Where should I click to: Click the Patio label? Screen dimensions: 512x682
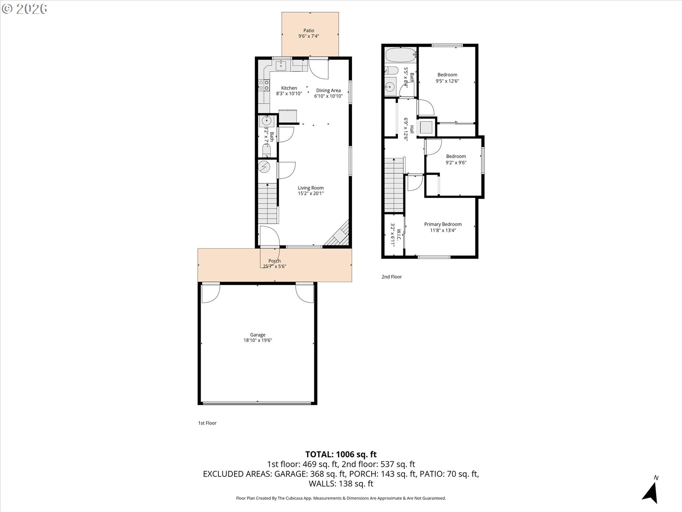click(309, 31)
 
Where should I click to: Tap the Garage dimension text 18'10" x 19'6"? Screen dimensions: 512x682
click(258, 340)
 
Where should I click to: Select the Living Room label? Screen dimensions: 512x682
click(310, 188)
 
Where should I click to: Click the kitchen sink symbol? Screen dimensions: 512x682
click(281, 65)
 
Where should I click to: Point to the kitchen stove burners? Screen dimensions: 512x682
click(264, 85)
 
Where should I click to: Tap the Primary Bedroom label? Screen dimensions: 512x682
click(443, 224)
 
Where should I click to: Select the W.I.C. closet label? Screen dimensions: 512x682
click(398, 235)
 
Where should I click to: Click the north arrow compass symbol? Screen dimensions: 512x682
click(651, 492)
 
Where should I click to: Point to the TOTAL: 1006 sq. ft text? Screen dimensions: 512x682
click(341, 454)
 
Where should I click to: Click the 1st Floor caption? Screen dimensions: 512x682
click(207, 423)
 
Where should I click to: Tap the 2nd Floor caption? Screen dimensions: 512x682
click(391, 277)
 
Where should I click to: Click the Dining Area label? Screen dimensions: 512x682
click(328, 90)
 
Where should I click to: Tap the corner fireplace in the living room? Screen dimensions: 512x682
click(339, 235)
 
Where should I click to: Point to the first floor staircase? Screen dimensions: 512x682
click(267, 203)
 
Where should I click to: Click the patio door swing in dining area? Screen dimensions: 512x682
click(318, 69)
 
